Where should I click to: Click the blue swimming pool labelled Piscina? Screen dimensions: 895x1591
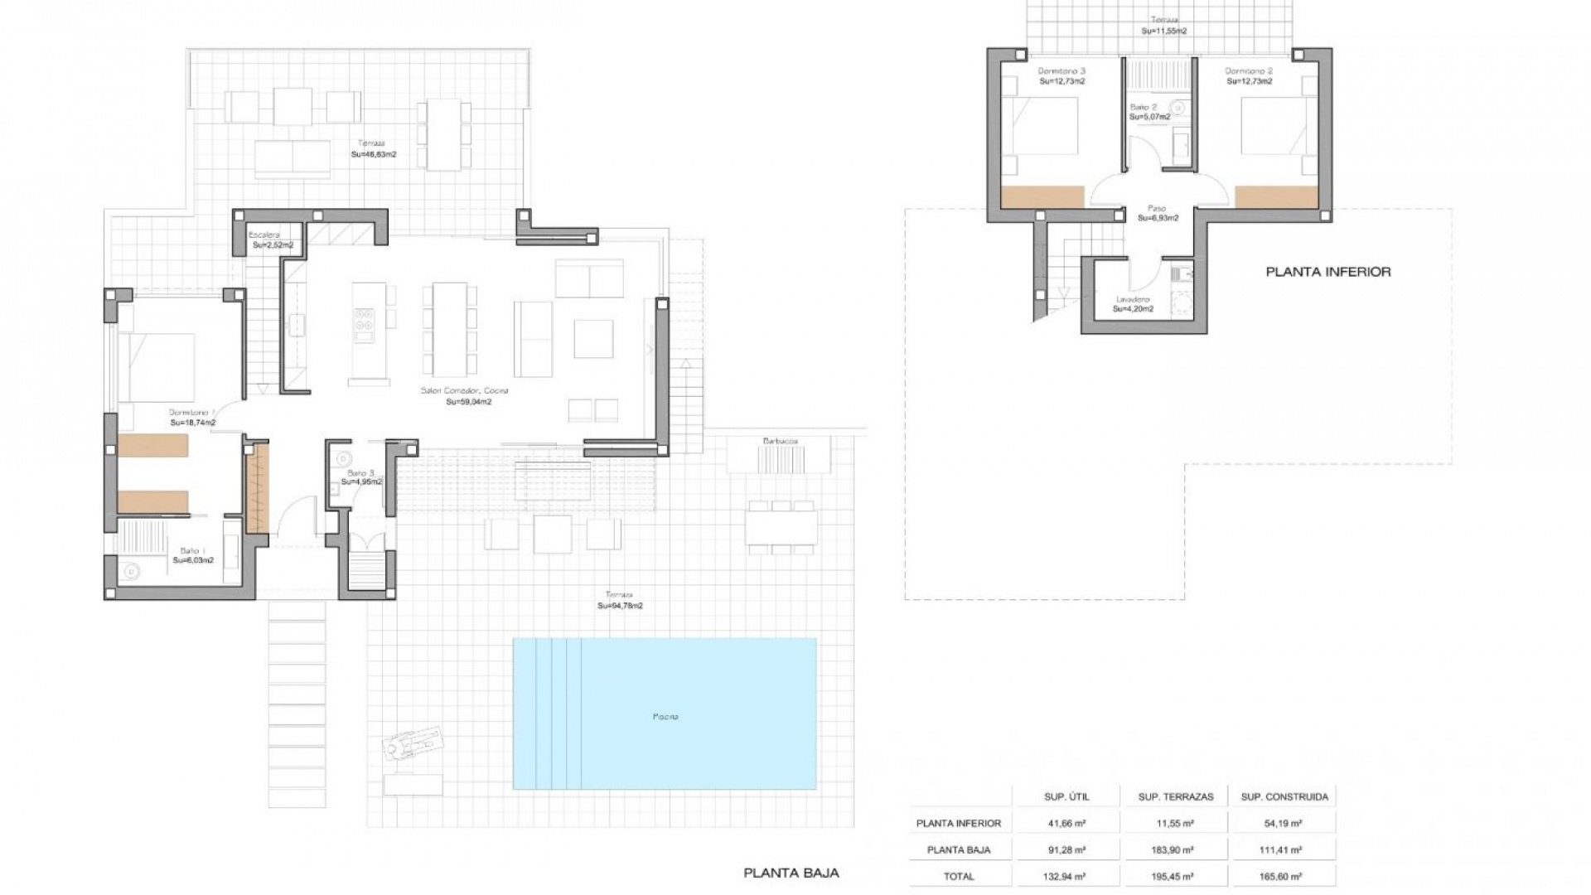pos(665,714)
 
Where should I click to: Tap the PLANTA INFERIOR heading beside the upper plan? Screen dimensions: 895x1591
pos(1327,272)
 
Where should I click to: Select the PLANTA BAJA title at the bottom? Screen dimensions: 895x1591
pos(791,873)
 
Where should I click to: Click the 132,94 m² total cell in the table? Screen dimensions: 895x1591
pos(1066,876)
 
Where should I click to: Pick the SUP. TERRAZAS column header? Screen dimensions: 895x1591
pos(1175,796)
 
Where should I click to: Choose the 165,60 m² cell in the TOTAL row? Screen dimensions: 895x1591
pos(1283,876)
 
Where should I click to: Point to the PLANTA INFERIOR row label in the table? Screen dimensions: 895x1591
pos(958,823)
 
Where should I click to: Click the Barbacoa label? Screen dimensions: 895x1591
pos(780,442)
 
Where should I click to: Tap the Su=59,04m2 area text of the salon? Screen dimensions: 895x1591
pos(468,402)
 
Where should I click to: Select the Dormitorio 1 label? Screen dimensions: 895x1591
pos(191,412)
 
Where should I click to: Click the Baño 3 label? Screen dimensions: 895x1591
pos(360,473)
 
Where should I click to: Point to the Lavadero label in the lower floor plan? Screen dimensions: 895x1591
pos(1132,299)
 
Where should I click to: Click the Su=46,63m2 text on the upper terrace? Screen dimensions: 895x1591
pos(373,154)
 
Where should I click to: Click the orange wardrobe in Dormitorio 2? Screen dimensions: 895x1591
pos(1275,197)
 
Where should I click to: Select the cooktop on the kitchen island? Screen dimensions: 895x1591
pos(364,325)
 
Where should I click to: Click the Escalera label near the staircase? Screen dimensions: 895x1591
pos(266,235)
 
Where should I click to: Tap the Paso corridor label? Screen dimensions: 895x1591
pos(1157,208)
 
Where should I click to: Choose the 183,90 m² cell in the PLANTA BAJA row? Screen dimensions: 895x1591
pos(1175,849)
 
